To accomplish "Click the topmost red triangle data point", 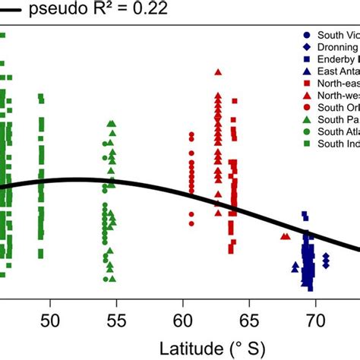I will click(x=219, y=73).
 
